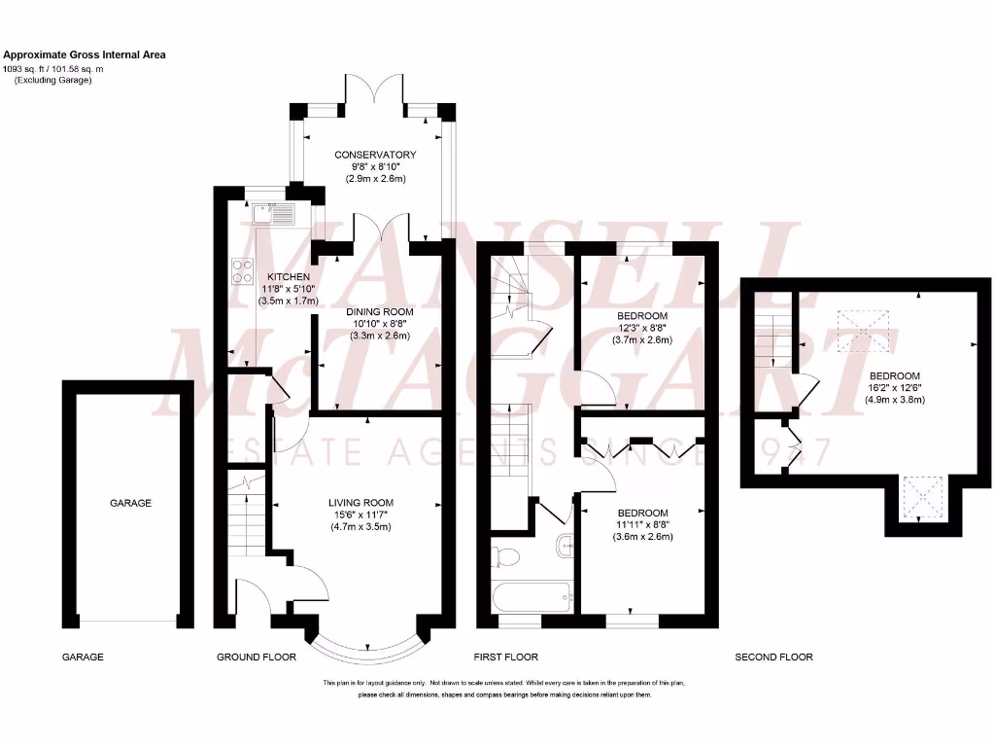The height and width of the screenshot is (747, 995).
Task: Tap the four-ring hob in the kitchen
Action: [x=242, y=272]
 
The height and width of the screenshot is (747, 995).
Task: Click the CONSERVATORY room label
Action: [x=375, y=155]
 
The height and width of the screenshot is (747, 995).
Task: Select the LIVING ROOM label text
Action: [x=360, y=503]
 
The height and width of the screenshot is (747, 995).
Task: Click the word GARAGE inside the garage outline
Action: [x=130, y=503]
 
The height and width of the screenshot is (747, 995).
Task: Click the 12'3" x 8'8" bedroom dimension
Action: [x=642, y=329]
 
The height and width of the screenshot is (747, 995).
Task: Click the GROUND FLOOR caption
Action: [x=257, y=658]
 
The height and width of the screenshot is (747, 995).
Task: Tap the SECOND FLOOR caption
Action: [x=773, y=658]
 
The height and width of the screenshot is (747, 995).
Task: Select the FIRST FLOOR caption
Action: [x=505, y=658]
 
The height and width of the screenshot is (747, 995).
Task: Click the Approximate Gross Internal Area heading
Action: [x=84, y=55]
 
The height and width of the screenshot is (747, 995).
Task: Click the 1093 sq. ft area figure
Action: [x=31, y=68]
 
